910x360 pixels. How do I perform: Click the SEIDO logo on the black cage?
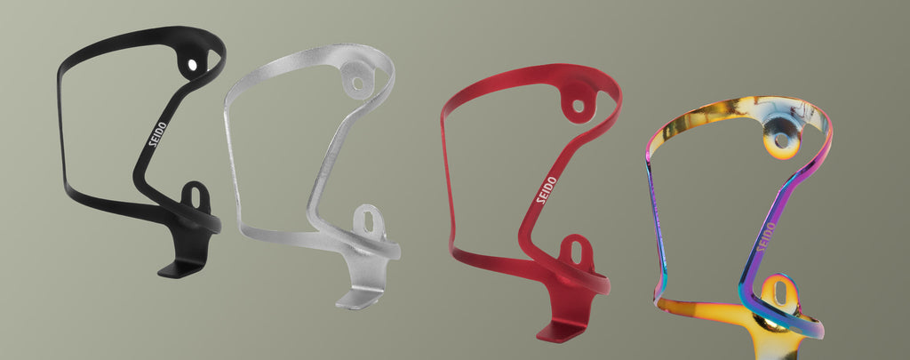click(x=158, y=134)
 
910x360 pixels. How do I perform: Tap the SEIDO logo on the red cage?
click(x=546, y=190)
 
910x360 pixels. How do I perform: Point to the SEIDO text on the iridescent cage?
click(x=765, y=237)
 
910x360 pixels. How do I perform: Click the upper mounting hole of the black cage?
click(x=192, y=65)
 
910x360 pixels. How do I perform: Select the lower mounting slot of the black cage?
click(x=196, y=197)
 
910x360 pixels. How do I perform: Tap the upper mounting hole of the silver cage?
click(x=357, y=83)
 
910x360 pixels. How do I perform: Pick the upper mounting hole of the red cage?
click(x=578, y=106)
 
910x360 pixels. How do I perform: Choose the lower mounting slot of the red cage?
click(x=576, y=252)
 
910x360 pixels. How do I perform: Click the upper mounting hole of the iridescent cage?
click(x=782, y=140)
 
